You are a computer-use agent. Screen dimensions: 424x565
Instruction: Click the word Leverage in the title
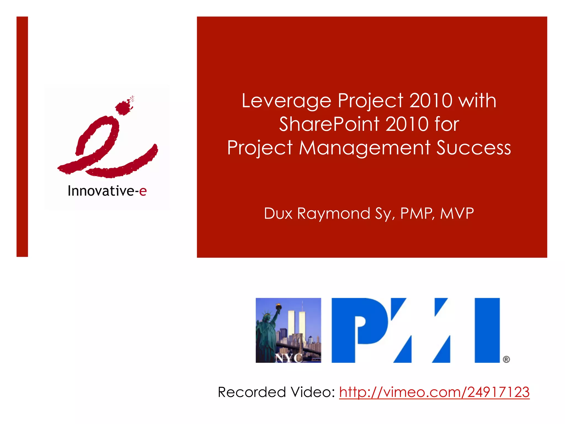pos(286,101)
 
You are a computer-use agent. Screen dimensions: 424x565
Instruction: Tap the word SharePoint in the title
pos(329,124)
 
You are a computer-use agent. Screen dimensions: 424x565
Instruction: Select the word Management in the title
pos(365,148)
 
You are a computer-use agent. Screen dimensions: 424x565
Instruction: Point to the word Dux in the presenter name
pos(278,213)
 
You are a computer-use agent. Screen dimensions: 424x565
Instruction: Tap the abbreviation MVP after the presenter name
pos(457,213)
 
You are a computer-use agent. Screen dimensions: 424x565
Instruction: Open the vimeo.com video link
pos(434,392)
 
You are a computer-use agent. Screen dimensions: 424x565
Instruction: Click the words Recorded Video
pos(276,392)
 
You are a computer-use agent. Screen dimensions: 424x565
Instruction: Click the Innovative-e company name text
pos(107,191)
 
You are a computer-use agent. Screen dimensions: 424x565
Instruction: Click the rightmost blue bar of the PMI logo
pos(487,330)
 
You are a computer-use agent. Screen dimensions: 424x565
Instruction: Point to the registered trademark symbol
pos(506,359)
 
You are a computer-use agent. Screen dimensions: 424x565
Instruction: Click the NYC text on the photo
pos(289,358)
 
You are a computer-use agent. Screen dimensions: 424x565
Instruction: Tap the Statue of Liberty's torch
pos(279,306)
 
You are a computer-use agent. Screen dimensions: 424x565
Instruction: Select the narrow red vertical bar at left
pos(22,137)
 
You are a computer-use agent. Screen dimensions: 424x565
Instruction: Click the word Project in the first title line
pos(371,101)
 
